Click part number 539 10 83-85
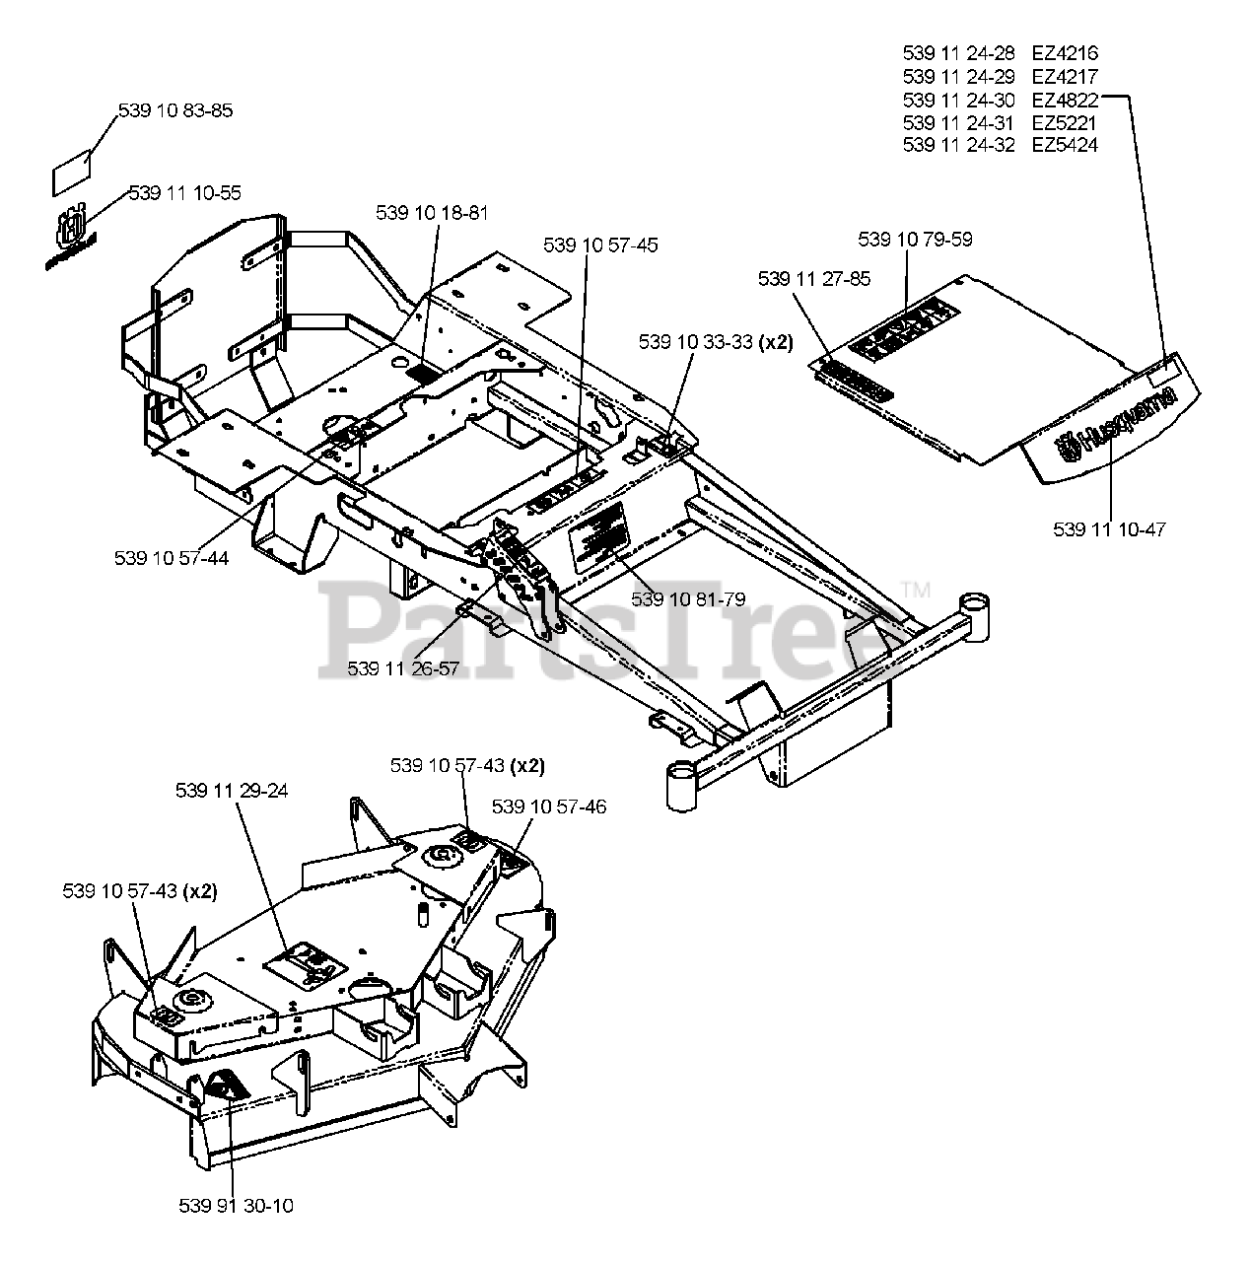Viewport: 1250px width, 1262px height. click(175, 110)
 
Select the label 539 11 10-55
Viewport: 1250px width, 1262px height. click(184, 193)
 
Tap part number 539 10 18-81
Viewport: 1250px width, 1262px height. click(432, 212)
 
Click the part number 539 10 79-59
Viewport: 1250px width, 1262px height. click(915, 240)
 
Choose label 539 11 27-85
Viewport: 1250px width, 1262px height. click(814, 279)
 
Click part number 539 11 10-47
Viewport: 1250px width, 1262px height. click(1109, 529)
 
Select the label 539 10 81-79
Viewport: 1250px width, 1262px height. click(688, 598)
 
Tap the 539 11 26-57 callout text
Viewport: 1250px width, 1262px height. click(403, 668)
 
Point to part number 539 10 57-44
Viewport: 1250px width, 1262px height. click(172, 558)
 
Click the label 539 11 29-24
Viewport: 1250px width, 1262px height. click(232, 791)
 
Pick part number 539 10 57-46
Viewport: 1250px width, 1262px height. click(549, 807)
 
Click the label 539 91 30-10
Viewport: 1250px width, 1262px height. click(237, 1206)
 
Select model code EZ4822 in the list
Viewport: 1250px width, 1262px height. click(1065, 100)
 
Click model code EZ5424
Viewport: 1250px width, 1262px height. click(1065, 145)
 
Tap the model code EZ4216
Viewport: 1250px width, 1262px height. click(1065, 53)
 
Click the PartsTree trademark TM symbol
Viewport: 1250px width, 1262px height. click(916, 591)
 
